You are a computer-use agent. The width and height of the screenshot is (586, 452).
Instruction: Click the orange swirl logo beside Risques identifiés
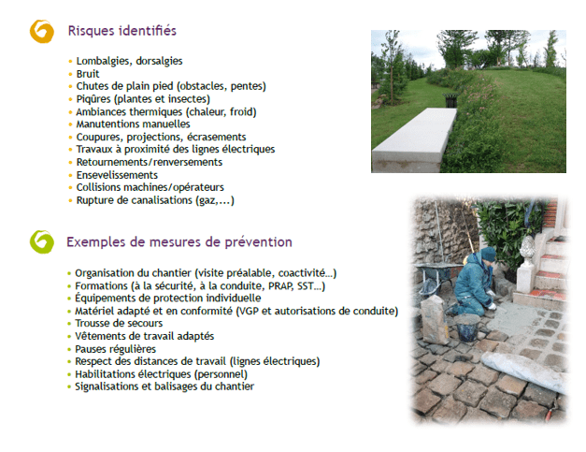[x=41, y=32]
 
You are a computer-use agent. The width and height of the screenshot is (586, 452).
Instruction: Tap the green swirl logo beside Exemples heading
[x=41, y=242]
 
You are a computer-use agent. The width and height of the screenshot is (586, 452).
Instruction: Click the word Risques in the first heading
[x=92, y=31]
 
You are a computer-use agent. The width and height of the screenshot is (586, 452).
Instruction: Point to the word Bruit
[x=88, y=74]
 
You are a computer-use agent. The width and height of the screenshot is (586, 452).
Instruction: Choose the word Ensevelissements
[x=117, y=175]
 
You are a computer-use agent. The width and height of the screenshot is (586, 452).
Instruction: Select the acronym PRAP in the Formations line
[x=281, y=285]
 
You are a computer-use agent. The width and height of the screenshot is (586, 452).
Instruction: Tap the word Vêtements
[x=99, y=336]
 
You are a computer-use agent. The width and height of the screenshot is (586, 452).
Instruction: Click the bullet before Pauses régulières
[x=69, y=349]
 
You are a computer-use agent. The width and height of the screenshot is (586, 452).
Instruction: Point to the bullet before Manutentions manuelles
[x=70, y=124]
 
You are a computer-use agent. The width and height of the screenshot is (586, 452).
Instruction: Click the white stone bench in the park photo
[x=414, y=139]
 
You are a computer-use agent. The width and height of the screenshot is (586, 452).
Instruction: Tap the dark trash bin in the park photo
[x=450, y=100]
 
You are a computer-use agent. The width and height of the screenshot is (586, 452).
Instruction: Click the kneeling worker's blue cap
[x=488, y=254]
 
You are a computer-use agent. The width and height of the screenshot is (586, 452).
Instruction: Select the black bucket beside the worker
[x=467, y=328]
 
